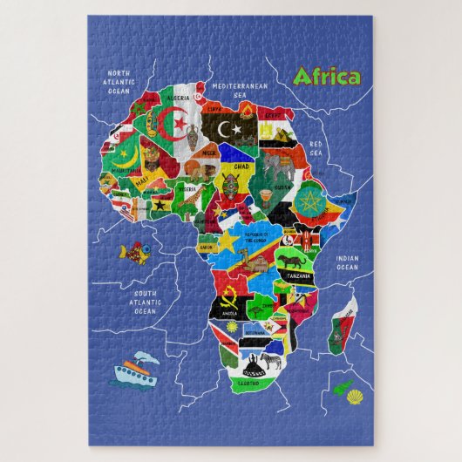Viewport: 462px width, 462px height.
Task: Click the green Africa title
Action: [327, 78]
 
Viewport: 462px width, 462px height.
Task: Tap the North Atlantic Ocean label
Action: [119, 80]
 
